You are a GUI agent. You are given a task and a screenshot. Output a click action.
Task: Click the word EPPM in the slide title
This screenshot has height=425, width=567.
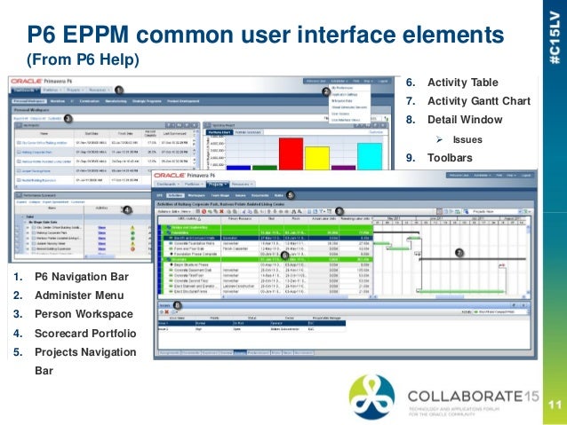click(x=116, y=36)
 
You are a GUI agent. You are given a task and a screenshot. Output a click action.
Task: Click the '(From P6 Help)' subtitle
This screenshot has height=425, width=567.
click(x=83, y=60)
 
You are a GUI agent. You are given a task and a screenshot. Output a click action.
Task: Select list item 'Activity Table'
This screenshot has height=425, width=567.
click(x=463, y=83)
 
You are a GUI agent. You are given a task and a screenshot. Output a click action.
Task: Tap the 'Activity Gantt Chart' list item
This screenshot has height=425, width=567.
click(x=478, y=101)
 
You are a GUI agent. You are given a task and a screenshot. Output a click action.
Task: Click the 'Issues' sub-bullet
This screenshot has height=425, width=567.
click(x=467, y=139)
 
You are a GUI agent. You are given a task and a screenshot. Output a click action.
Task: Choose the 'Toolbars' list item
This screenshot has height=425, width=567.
click(x=453, y=158)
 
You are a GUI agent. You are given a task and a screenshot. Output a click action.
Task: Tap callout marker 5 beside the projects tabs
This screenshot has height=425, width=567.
click(x=291, y=193)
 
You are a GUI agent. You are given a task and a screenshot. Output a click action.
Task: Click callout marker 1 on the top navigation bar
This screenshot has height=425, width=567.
click(x=118, y=90)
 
